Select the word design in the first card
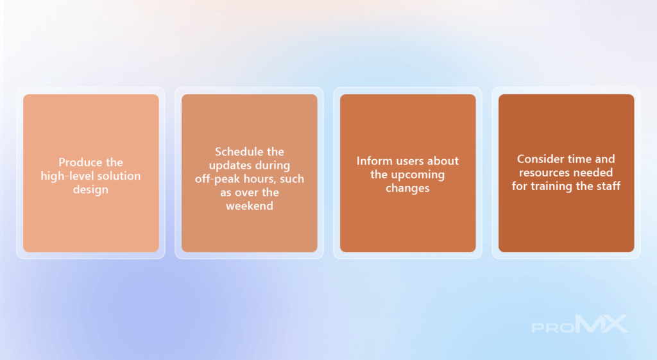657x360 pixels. [90, 189]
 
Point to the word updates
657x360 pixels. [228, 166]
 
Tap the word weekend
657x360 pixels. [250, 206]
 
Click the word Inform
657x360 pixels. [370, 161]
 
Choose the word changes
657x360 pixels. [407, 188]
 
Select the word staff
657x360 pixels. [608, 185]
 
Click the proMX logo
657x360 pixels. [579, 324]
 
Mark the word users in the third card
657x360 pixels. [399, 161]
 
